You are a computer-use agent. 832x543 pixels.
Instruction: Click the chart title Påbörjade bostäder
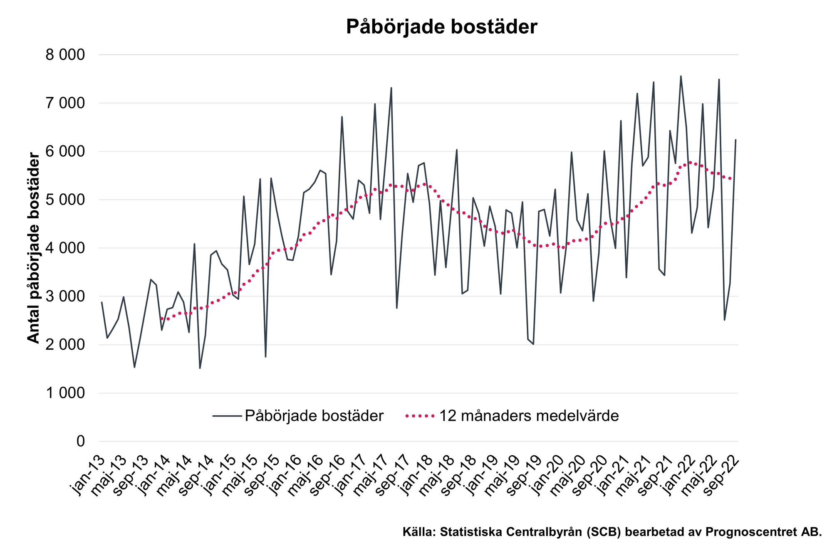pos(441,27)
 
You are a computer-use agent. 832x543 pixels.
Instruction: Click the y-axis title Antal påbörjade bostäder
pos(33,248)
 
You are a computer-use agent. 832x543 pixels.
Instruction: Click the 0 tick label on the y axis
pos(81,442)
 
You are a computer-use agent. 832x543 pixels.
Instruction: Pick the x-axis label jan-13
pos(89,475)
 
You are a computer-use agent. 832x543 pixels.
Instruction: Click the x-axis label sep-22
pos(723,475)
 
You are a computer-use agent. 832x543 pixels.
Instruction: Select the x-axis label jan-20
pos(548,475)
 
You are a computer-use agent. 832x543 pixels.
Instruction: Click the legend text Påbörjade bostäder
pos(314,416)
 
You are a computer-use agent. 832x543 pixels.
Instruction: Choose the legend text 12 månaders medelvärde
pos(529,416)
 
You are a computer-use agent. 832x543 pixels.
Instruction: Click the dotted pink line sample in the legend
pos(420,416)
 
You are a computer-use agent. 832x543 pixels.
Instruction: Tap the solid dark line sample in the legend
pos(227,416)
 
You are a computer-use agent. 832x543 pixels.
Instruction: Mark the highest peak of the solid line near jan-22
pos(681,76)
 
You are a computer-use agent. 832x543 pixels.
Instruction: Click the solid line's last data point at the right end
pos(735,140)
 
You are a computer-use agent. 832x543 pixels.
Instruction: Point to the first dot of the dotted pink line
pos(161,318)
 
